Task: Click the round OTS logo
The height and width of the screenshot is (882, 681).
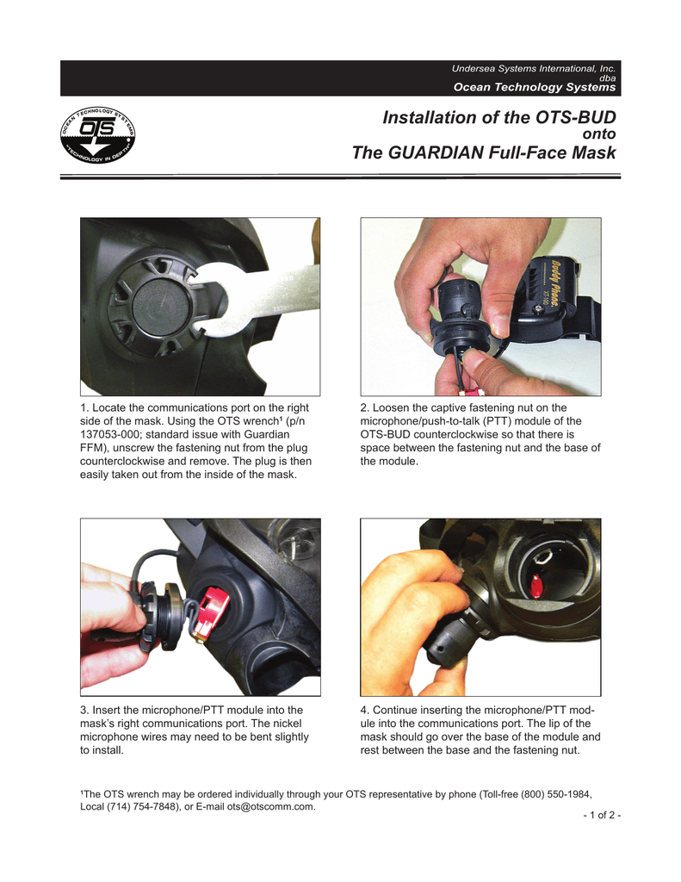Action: pos(98,135)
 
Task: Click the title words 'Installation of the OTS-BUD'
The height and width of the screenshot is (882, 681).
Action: pos(499,117)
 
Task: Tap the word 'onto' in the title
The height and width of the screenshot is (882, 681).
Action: pos(599,134)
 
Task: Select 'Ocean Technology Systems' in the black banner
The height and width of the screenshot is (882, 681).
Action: pos(535,87)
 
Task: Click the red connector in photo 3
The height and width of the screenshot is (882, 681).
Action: pos(212,612)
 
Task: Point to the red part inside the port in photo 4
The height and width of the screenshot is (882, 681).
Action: pos(535,586)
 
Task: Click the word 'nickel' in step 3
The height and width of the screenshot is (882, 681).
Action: pos(286,724)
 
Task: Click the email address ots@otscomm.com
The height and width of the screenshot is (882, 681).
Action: pos(270,806)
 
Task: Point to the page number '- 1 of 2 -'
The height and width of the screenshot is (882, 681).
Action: pos(602,815)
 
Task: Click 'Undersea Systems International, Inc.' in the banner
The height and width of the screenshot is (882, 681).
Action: pos(534,68)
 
